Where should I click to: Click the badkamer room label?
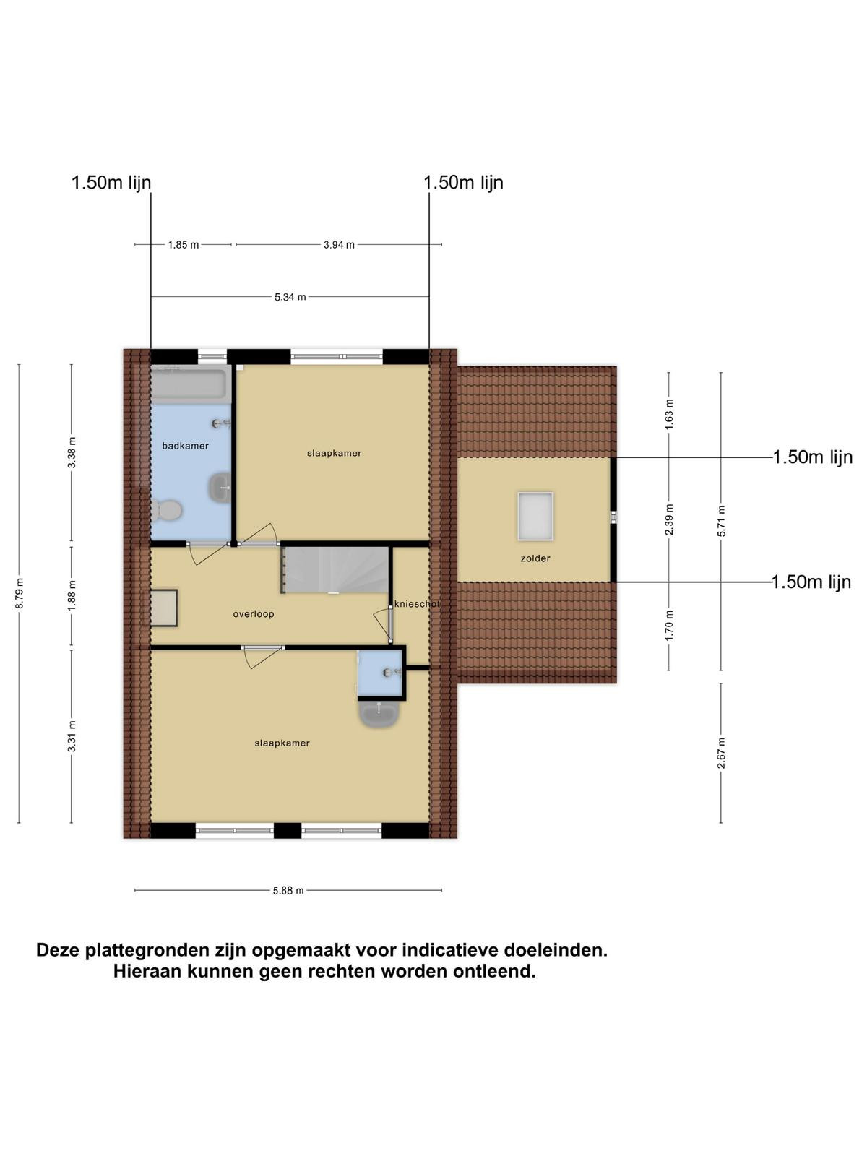tap(185, 446)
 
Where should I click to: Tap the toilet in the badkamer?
tap(167, 510)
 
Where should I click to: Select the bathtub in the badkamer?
tap(191, 384)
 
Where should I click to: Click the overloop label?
tap(253, 614)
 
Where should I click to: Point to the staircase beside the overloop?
tap(335, 570)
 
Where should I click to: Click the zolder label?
tap(535, 558)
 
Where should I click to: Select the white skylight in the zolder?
tap(535, 516)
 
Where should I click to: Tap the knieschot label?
tap(416, 604)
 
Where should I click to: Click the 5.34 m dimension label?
tap(290, 297)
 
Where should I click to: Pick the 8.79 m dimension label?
tap(20, 593)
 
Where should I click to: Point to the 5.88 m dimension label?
tap(288, 891)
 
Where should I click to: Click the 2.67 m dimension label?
tap(721, 753)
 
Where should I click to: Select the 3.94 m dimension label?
tap(339, 245)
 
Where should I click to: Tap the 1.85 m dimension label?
tap(184, 245)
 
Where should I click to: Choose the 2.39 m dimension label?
tap(669, 519)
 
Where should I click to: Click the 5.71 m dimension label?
tap(721, 521)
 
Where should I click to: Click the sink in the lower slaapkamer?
tap(379, 714)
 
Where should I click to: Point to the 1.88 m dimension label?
tap(72, 595)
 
